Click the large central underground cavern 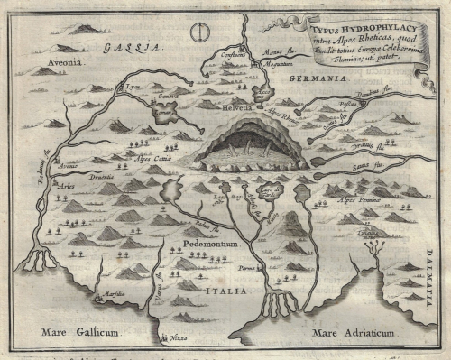251,148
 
